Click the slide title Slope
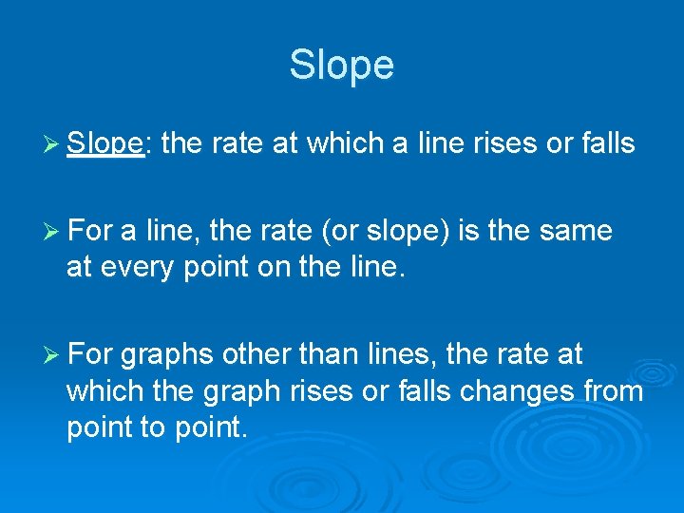341,65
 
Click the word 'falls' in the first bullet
600,144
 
